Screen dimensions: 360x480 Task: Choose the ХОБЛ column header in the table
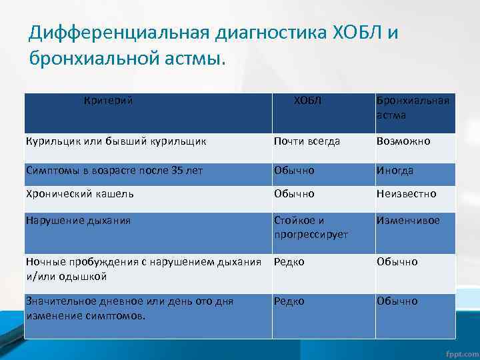coord(307,101)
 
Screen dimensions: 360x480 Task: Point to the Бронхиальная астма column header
coord(413,107)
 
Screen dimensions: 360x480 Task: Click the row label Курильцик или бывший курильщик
coord(115,141)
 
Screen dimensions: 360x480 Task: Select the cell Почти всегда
coord(307,141)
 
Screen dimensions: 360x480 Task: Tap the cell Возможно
coord(403,141)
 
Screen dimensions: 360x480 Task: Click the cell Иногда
coord(395,171)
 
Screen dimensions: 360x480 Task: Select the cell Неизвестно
coord(406,194)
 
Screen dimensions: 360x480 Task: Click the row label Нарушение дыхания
coord(77,220)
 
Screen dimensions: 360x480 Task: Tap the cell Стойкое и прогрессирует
coord(311,227)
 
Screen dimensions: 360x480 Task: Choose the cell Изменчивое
coord(408,220)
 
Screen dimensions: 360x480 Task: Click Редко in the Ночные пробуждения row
coord(289,262)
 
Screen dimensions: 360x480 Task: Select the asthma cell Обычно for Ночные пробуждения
coord(397,262)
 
